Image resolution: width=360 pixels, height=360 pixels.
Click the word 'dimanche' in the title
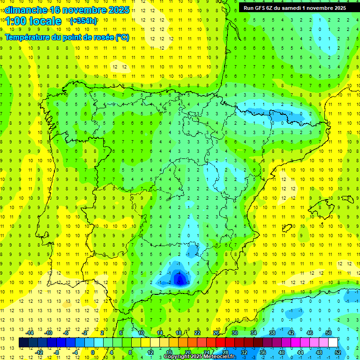pos(26,10)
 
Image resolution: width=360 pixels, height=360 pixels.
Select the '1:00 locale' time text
pos(33,21)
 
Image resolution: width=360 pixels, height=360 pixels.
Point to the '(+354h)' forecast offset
pos(83,21)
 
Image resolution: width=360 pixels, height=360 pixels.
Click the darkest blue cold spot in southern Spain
pos(180,279)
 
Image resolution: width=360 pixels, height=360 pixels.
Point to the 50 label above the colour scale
pos(329,333)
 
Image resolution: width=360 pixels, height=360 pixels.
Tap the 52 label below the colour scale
pos(338,352)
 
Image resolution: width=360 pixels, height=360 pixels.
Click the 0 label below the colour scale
pos(94,352)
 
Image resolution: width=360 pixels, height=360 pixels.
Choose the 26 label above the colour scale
pos(216,333)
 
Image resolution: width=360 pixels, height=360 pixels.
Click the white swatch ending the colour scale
pos(333,343)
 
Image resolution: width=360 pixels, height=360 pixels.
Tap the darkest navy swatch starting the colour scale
pos(24,343)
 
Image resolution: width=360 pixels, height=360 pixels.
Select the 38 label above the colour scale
pos(272,333)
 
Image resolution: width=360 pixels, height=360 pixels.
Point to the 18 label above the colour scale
pos(179,333)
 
